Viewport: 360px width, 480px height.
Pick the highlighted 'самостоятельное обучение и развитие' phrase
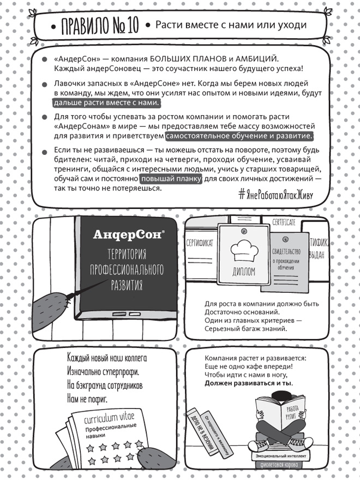(x=239, y=136)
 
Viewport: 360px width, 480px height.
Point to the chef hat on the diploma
(x=243, y=250)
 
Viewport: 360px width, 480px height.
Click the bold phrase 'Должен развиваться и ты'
(x=248, y=383)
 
